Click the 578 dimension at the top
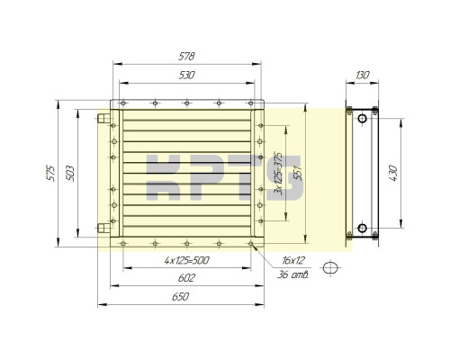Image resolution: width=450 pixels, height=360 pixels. (187, 56)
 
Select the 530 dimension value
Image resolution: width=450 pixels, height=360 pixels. (187, 76)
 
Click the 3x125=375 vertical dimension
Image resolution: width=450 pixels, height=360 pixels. (279, 172)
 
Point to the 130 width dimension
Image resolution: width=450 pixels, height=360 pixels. (363, 76)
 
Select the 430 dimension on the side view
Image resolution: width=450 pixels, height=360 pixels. (392, 172)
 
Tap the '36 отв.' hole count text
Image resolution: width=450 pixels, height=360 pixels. (294, 274)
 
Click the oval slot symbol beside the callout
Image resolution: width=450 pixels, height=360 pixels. (332, 266)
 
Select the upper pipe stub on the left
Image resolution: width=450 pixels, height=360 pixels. (103, 117)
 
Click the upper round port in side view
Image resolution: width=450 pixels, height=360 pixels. (361, 116)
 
